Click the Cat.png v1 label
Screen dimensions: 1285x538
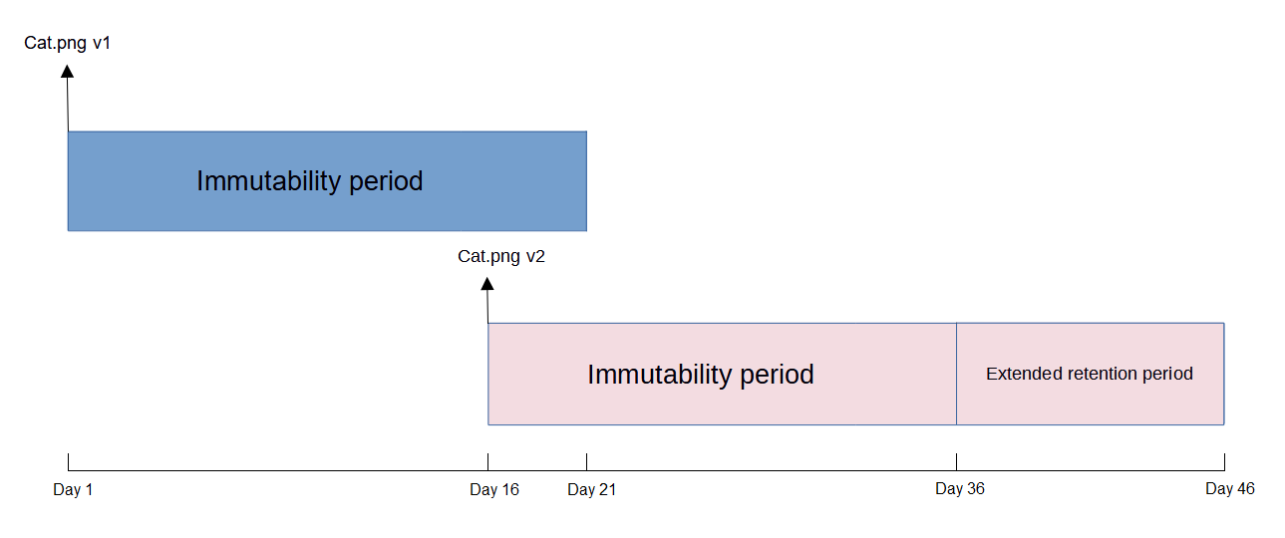[x=67, y=44]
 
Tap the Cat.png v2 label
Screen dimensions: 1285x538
[x=500, y=256]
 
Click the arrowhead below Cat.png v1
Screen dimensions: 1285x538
[x=67, y=71]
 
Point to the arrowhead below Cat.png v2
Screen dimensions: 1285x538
[x=487, y=283]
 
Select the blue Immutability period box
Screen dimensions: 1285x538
[x=327, y=181]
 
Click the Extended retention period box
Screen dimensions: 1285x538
[x=1090, y=374]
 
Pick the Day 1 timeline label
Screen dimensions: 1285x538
[x=73, y=490]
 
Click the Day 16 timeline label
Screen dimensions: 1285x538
[x=493, y=490]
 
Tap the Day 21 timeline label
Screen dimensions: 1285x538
[x=591, y=490]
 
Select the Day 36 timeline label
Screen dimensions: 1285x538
[x=960, y=488]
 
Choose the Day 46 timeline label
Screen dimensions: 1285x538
[x=1230, y=488]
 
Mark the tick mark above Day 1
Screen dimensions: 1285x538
[x=68, y=462]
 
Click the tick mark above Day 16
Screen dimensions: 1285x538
[x=487, y=462]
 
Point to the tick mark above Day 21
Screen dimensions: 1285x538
[x=586, y=462]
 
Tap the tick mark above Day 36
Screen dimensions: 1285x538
[x=956, y=462]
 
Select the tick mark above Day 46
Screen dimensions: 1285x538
[x=1224, y=462]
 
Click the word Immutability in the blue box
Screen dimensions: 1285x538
[x=269, y=181]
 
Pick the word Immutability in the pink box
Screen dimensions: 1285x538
[x=660, y=376]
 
